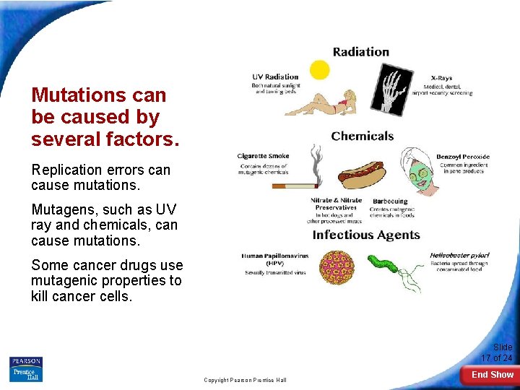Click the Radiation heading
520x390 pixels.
(360, 52)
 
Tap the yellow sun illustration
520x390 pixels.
(319, 69)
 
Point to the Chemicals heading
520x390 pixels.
(362, 136)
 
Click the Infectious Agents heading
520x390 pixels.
(365, 235)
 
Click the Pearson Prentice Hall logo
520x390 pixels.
(26, 369)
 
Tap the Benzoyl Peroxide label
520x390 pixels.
(462, 157)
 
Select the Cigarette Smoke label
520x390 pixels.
(263, 156)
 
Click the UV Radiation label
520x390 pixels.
(275, 77)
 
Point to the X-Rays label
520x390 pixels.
(442, 78)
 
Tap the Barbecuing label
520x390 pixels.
(390, 201)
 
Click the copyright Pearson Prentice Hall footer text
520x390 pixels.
(245, 380)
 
